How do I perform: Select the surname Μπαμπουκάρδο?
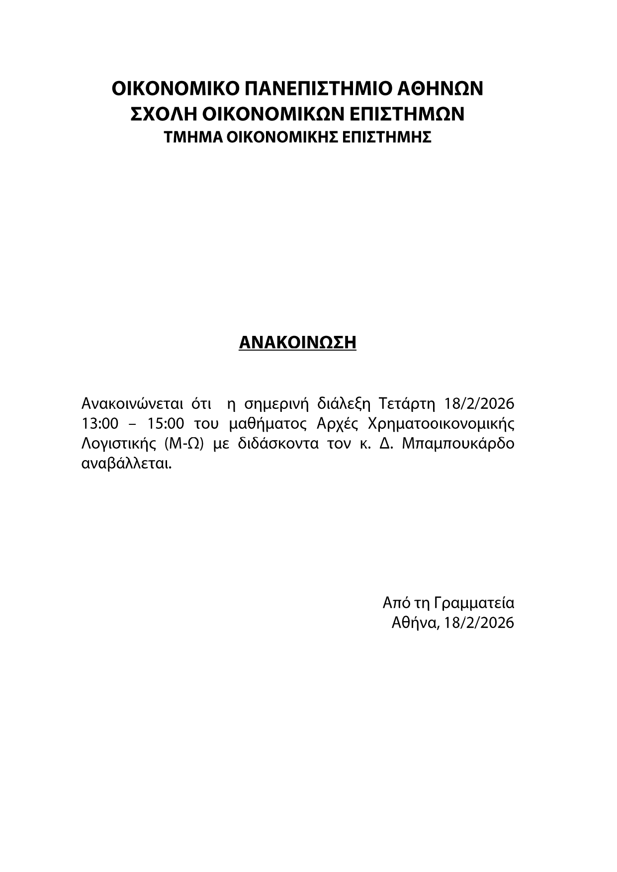tap(458, 444)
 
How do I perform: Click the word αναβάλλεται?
tap(126, 465)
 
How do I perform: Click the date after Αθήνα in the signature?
tap(479, 623)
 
